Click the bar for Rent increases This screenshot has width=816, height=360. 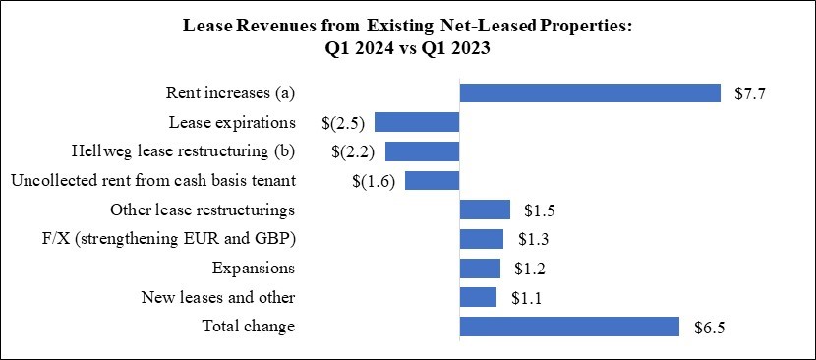[591, 93]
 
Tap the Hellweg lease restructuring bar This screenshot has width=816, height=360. [423, 151]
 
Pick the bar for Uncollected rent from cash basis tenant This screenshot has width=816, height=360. [433, 181]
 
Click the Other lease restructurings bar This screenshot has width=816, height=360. [485, 210]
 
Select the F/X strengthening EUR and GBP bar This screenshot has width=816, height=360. [482, 239]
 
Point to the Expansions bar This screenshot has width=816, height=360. [480, 269]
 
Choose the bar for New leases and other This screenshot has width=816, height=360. [478, 297]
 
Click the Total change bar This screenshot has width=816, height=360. [570, 327]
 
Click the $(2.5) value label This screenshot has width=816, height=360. [343, 123]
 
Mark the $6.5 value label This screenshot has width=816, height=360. [709, 327]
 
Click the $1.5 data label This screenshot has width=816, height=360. [540, 210]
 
